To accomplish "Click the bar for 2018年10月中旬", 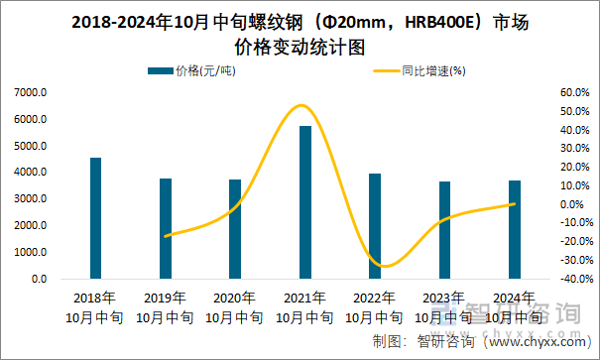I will [x=95, y=218].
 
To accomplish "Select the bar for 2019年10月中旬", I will [x=166, y=228].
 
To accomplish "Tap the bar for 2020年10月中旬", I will [x=235, y=229].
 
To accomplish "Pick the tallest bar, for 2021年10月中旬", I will [x=305, y=202].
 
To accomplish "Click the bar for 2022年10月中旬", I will [x=375, y=226].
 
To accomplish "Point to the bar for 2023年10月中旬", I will [x=444, y=230].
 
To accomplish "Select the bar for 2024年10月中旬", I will [x=514, y=229].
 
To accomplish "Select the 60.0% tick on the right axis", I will [x=574, y=92].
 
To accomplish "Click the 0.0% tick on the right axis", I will [x=576, y=204].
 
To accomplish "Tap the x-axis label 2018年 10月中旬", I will [x=95, y=307].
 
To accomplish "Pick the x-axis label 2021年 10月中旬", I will [x=305, y=307].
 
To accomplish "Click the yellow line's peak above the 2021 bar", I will [x=301, y=105].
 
